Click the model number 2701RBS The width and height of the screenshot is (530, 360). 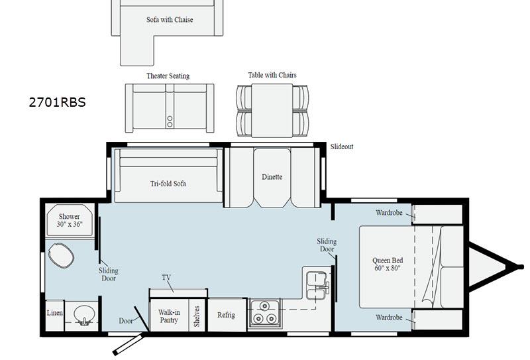point(57,102)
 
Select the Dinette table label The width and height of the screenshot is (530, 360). point(272,177)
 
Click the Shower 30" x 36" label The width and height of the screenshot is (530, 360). point(70,220)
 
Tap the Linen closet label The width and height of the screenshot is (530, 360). point(54,312)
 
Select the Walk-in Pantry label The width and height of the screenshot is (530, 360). point(169,316)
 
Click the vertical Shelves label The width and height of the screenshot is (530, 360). point(197,316)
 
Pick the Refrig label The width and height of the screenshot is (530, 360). point(226,316)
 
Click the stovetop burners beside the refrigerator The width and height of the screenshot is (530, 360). point(266,313)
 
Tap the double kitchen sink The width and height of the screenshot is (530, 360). point(317,282)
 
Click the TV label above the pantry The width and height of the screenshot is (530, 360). point(166,278)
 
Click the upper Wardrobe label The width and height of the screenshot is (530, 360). point(389,213)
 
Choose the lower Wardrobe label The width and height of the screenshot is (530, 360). point(389,318)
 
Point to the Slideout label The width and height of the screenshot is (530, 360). point(342,147)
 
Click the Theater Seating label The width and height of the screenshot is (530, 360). point(168,76)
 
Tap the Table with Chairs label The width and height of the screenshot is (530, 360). point(272,75)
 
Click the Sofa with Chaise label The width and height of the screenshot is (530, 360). point(170,20)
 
